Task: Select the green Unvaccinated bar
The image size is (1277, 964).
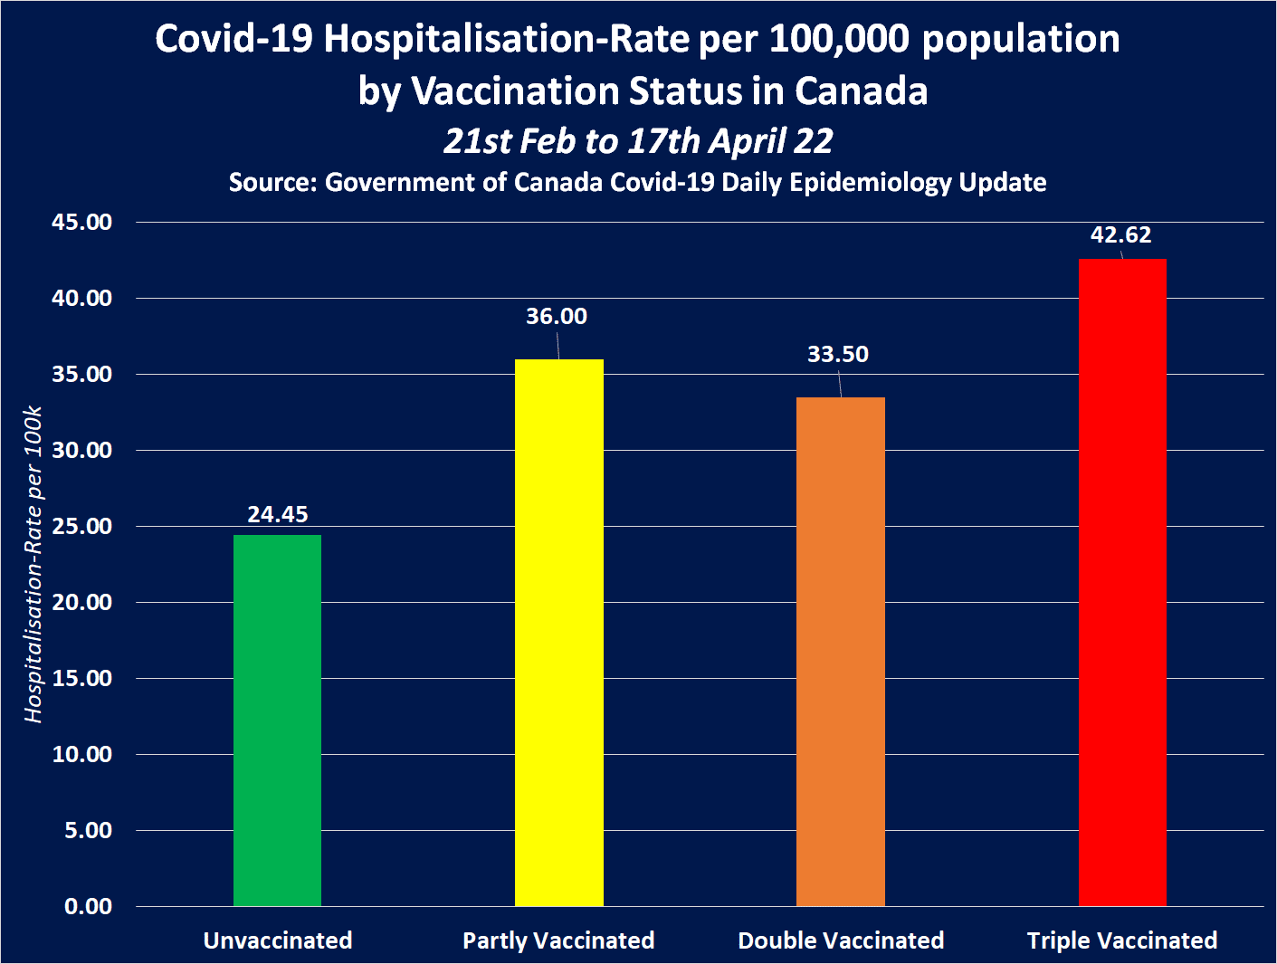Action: (277, 720)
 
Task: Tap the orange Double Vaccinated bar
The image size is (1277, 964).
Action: (840, 651)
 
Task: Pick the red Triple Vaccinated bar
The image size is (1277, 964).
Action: (1122, 582)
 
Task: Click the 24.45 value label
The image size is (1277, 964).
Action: (278, 514)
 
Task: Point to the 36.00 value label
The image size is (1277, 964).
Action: (557, 316)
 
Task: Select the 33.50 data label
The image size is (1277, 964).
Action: (838, 354)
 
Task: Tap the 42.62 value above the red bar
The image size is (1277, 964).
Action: (1120, 234)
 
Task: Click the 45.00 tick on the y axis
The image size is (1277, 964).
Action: (81, 222)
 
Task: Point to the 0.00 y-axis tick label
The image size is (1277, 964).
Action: (88, 906)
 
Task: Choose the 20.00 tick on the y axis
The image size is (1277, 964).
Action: (81, 602)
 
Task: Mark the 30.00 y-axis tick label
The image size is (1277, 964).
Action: (81, 450)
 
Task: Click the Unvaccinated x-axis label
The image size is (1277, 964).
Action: (278, 940)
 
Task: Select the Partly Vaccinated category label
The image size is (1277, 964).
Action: (558, 940)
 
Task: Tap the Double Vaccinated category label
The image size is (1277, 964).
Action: (841, 940)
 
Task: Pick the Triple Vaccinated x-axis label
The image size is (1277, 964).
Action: (1122, 940)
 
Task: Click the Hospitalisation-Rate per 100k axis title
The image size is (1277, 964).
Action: (33, 564)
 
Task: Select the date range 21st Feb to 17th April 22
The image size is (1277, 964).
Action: (638, 141)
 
